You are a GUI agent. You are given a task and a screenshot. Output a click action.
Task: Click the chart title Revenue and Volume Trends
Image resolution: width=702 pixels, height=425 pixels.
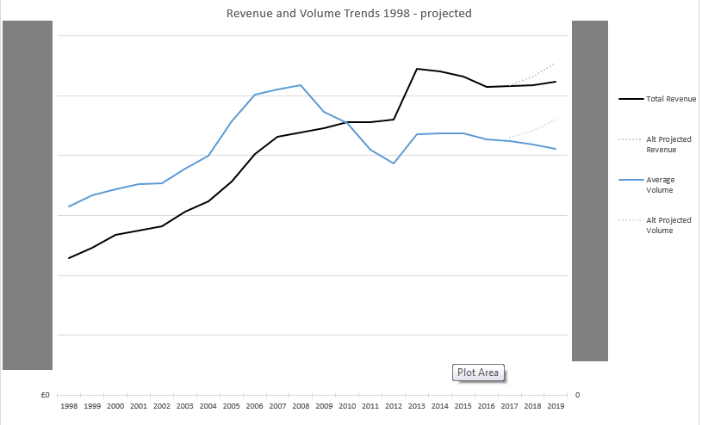click(x=349, y=14)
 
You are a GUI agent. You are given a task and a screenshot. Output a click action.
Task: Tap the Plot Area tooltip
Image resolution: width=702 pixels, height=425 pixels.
click(x=478, y=373)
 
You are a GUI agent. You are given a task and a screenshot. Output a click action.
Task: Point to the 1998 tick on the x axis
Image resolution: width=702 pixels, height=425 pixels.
click(x=69, y=404)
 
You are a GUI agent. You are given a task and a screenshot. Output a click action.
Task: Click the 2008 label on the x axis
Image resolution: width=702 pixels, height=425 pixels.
click(x=301, y=404)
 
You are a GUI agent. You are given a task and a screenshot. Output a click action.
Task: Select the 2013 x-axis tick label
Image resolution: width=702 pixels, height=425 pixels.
click(x=417, y=404)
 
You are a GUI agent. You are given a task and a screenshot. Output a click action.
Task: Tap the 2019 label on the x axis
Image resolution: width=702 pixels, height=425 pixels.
click(x=556, y=404)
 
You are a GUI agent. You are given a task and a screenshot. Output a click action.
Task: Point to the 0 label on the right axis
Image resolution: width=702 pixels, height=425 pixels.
click(x=577, y=395)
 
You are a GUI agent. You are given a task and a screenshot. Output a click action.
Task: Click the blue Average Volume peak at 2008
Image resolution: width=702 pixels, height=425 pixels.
click(x=300, y=85)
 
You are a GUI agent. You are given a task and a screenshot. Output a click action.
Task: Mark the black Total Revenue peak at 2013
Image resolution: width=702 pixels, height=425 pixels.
click(x=417, y=69)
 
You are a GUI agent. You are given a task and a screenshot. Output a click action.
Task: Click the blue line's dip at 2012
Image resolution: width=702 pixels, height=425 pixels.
click(x=394, y=163)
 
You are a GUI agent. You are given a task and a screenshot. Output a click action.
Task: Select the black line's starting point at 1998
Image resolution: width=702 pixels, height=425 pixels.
click(x=69, y=258)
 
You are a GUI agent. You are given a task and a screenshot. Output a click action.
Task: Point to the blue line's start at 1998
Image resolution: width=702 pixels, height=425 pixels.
click(x=69, y=206)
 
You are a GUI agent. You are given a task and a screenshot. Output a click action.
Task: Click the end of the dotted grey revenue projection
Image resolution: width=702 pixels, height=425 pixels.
click(x=556, y=63)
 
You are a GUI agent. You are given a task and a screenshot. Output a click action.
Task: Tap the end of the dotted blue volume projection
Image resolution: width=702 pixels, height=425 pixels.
click(x=556, y=119)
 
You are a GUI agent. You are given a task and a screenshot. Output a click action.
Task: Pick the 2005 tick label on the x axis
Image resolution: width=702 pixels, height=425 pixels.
click(x=231, y=404)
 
